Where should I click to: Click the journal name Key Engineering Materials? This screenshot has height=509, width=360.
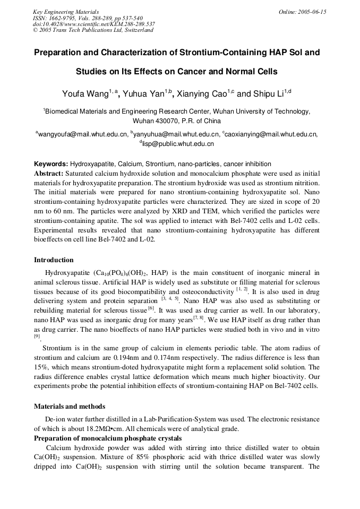pos(66,12)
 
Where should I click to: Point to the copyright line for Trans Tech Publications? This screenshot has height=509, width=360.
pos(93,30)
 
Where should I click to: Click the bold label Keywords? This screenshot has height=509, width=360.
pos(51,164)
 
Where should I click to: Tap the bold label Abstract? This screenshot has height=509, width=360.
pos(49,173)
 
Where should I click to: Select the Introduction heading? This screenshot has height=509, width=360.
pos(54,260)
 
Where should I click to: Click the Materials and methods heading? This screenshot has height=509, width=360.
pos(70,407)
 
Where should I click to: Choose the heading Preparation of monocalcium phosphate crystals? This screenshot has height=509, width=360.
pos(108,438)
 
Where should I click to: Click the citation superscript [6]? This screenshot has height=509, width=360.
pos(151,308)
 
